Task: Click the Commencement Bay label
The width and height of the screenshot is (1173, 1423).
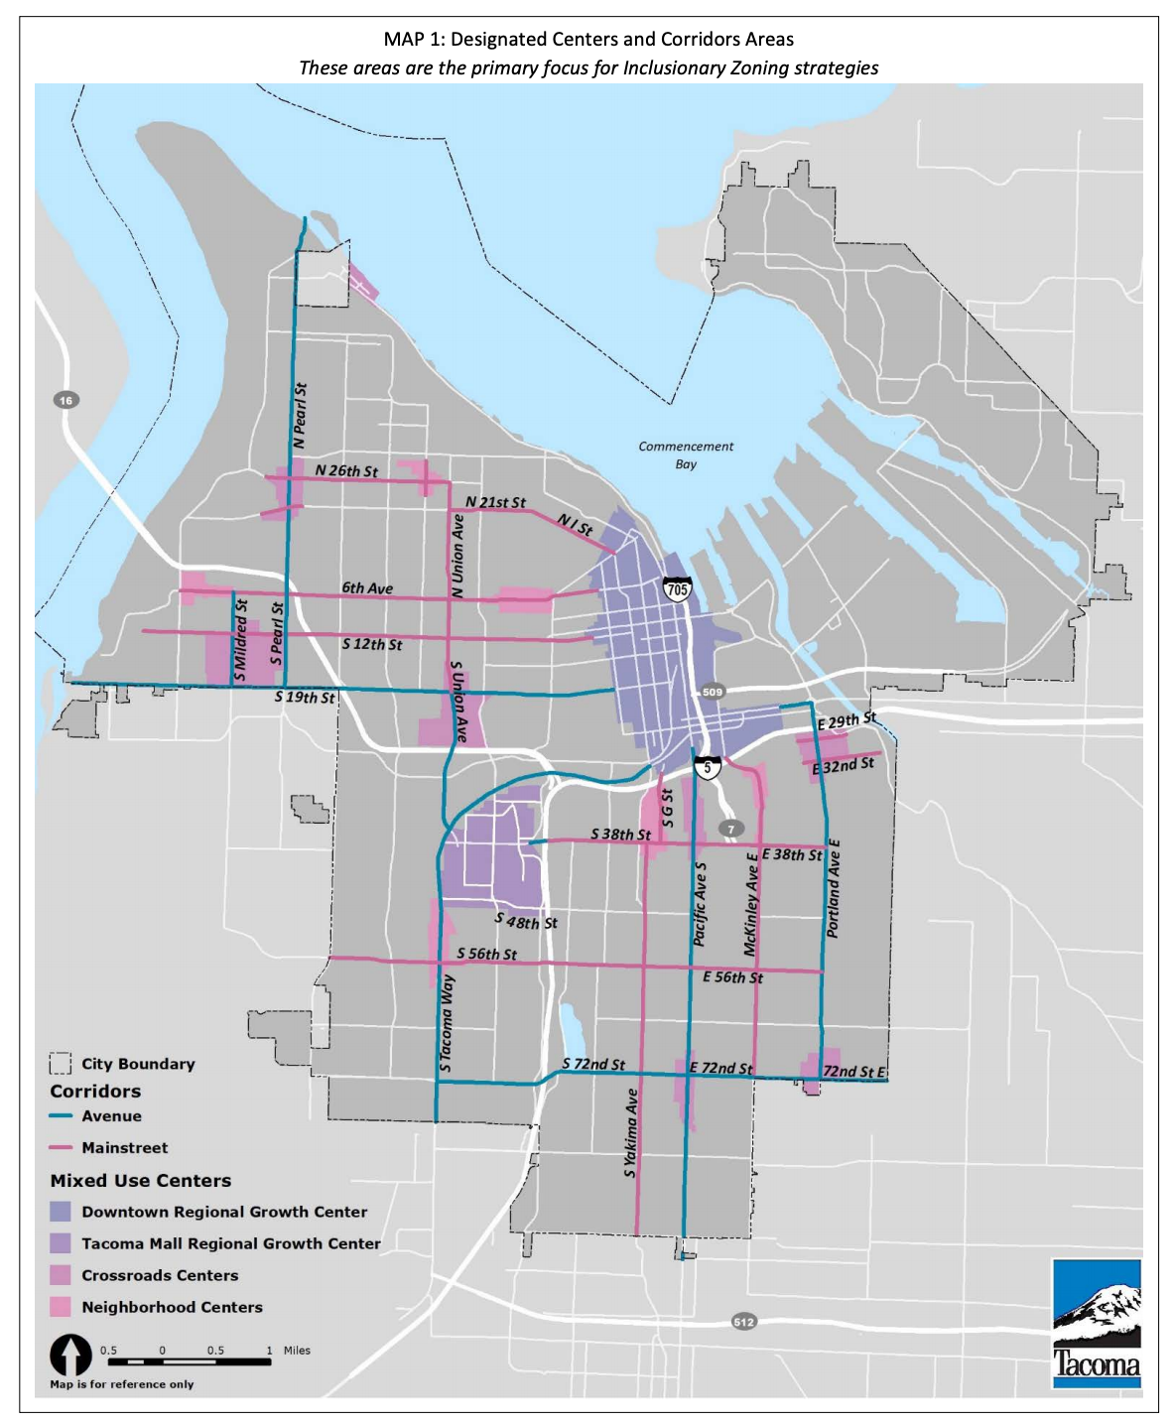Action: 686,455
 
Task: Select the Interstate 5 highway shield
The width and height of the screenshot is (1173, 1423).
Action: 707,767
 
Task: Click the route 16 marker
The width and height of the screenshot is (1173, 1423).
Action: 65,400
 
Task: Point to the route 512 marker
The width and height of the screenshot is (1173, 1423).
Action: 743,1322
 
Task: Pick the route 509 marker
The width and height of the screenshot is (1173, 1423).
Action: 713,692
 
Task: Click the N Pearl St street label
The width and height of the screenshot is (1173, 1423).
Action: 300,415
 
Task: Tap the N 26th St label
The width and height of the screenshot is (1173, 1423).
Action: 346,470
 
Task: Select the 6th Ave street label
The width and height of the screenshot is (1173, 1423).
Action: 367,588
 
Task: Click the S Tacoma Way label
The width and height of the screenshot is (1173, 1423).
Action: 447,1022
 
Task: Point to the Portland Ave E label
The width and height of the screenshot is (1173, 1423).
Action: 833,889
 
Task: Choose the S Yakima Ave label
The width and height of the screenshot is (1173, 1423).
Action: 630,1133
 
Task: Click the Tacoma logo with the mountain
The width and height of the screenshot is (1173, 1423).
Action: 1096,1324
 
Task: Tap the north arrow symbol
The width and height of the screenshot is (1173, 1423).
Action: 70,1356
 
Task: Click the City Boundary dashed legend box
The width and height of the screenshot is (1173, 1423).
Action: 61,1064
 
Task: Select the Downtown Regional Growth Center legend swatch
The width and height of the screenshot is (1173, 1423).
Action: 61,1212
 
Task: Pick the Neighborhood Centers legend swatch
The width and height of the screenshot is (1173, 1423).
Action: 61,1307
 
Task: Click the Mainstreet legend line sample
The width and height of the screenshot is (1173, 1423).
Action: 61,1148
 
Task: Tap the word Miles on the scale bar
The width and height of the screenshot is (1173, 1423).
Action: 297,1351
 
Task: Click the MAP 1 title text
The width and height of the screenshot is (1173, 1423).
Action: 588,40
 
